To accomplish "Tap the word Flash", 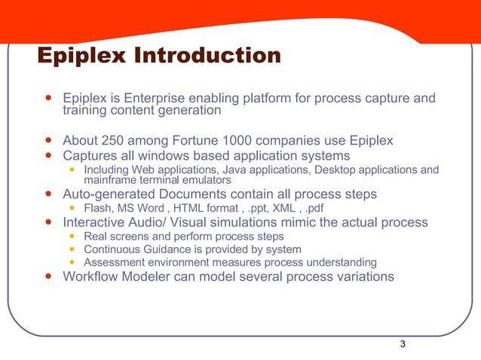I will coord(98,208).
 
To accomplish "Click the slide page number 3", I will coord(403,344).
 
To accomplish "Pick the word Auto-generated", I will coord(107,194).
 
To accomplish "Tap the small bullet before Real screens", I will coord(72,236).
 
